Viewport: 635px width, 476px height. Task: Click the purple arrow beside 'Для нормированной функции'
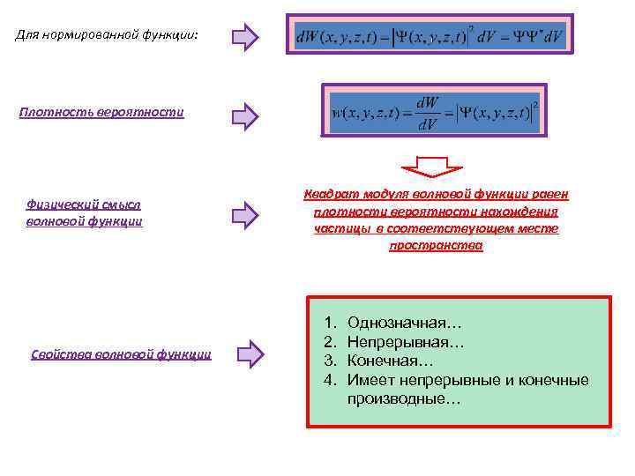tap(244, 37)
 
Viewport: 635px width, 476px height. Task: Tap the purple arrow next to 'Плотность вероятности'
tap(244, 115)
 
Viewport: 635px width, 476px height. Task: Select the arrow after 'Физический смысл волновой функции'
tap(244, 213)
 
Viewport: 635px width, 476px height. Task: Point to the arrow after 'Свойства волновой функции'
tap(250, 354)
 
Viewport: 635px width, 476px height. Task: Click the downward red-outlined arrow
tap(432, 167)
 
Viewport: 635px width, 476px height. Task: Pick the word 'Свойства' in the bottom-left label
tap(60, 354)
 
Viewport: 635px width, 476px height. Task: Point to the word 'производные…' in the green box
tap(404, 399)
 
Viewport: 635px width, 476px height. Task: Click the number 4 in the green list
tap(328, 380)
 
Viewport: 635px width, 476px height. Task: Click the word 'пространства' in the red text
tap(436, 245)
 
